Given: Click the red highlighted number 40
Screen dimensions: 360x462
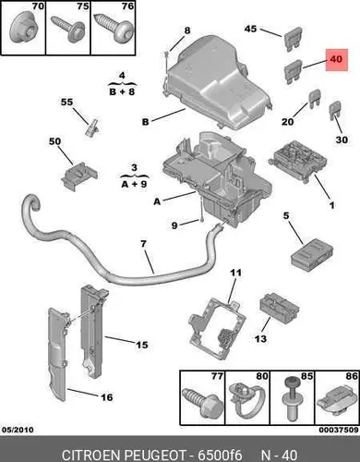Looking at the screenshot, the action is point(336,58).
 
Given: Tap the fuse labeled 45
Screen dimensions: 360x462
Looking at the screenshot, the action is point(292,40).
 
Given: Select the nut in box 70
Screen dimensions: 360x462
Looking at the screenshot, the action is point(23,31).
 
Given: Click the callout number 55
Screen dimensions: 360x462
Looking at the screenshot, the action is point(66,102).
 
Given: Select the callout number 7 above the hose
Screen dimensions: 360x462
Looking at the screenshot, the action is point(143,244).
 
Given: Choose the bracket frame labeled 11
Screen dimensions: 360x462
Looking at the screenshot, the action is point(217,328).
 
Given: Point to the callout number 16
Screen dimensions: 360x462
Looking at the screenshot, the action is point(107,397).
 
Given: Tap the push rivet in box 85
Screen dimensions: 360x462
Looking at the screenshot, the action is point(291,399).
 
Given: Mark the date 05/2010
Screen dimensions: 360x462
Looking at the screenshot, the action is point(18,430).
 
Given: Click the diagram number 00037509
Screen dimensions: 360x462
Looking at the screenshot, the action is point(339,430).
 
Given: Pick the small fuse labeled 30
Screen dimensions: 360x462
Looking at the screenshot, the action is point(335,112).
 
